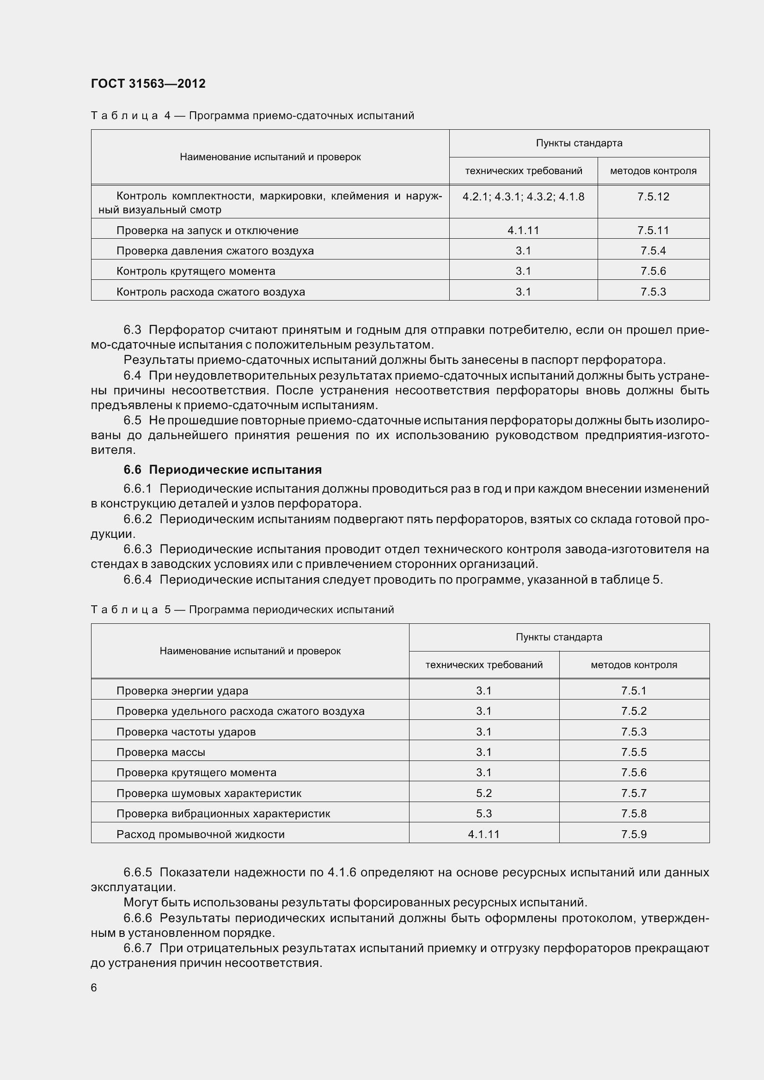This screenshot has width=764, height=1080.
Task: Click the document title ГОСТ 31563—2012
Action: [148, 84]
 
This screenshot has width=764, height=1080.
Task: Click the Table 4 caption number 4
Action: [168, 116]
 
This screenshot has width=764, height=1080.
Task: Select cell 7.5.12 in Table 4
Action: [653, 197]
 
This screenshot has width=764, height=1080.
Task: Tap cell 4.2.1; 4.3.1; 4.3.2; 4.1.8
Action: [523, 197]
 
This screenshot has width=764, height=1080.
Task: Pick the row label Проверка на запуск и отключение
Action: [207, 230]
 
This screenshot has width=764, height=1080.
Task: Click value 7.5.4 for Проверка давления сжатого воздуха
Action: [653, 251]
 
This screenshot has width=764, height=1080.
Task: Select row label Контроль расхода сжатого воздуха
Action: [210, 292]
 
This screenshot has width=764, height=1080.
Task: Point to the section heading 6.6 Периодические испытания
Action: [223, 470]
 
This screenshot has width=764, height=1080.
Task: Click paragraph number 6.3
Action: [132, 330]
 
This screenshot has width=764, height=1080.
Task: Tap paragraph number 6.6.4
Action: [137, 579]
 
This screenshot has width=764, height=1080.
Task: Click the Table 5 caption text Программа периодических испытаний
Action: [291, 609]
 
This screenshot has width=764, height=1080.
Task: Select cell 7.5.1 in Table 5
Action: [634, 690]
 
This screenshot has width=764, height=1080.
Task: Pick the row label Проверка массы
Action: [160, 752]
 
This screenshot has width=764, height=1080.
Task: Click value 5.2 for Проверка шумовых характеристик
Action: [483, 793]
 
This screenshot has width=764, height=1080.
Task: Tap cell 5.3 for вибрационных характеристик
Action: [483, 813]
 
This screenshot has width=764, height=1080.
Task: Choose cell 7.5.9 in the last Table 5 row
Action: [634, 834]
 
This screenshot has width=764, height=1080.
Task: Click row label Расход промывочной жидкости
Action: [200, 834]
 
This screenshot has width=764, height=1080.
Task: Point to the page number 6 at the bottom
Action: [94, 987]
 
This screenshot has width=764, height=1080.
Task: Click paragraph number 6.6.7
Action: [137, 948]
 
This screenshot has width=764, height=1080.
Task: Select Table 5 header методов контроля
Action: [634, 664]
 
